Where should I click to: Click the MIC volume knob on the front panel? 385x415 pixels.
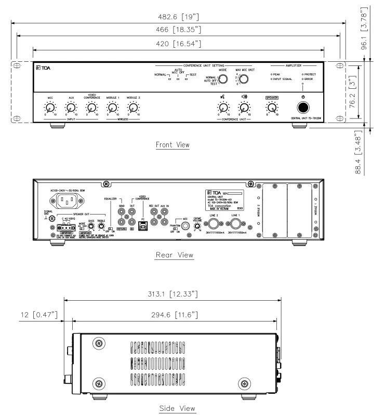point(50,108)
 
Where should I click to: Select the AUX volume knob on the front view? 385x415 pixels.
point(70,108)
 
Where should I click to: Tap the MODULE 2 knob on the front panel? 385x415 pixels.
point(133,108)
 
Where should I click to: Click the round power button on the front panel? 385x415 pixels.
point(302,108)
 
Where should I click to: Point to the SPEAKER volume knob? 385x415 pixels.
point(271,108)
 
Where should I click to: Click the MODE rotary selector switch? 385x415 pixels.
point(223,79)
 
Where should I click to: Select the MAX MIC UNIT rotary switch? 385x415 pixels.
point(243,79)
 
